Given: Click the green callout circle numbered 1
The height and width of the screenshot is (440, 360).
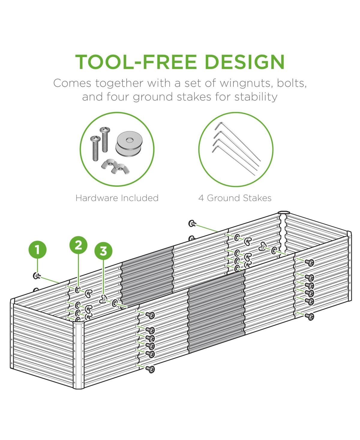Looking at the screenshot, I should [x=37, y=250].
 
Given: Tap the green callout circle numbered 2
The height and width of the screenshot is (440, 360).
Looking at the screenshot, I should [x=78, y=245].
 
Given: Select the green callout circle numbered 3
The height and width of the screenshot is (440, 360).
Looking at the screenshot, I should [x=103, y=251].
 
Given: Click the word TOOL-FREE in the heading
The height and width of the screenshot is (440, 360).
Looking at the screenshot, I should [x=136, y=62].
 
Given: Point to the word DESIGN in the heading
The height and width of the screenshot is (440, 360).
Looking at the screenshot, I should [x=244, y=62].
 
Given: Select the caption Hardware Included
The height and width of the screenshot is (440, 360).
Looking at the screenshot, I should [x=117, y=198].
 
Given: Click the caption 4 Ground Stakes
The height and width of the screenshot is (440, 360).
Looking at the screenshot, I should [x=235, y=198].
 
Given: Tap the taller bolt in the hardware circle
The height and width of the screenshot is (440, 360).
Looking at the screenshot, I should [x=105, y=139].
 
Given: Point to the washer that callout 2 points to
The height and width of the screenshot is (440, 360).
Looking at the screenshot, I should [x=78, y=290].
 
